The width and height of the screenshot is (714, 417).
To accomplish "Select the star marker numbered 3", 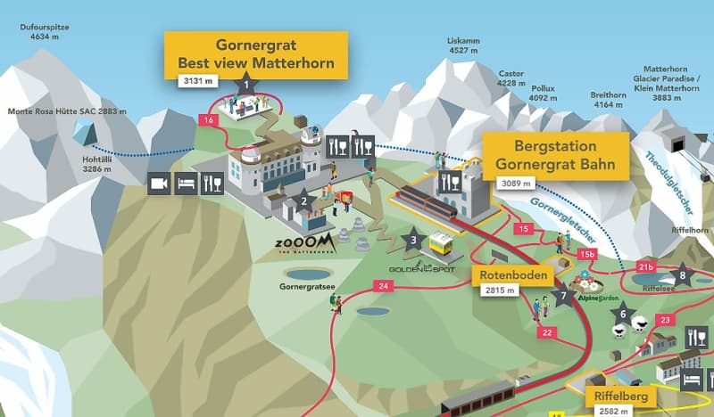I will coord(413,238).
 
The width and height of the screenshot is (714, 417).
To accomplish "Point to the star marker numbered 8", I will coord(683,274).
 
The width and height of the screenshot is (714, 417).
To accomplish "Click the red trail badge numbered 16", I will coord(209,119).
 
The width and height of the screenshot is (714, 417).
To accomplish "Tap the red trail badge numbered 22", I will coord(546,332).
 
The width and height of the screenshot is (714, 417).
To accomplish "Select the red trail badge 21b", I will coord(647,266).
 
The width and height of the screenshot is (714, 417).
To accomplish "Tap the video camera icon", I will coord(160,184).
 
